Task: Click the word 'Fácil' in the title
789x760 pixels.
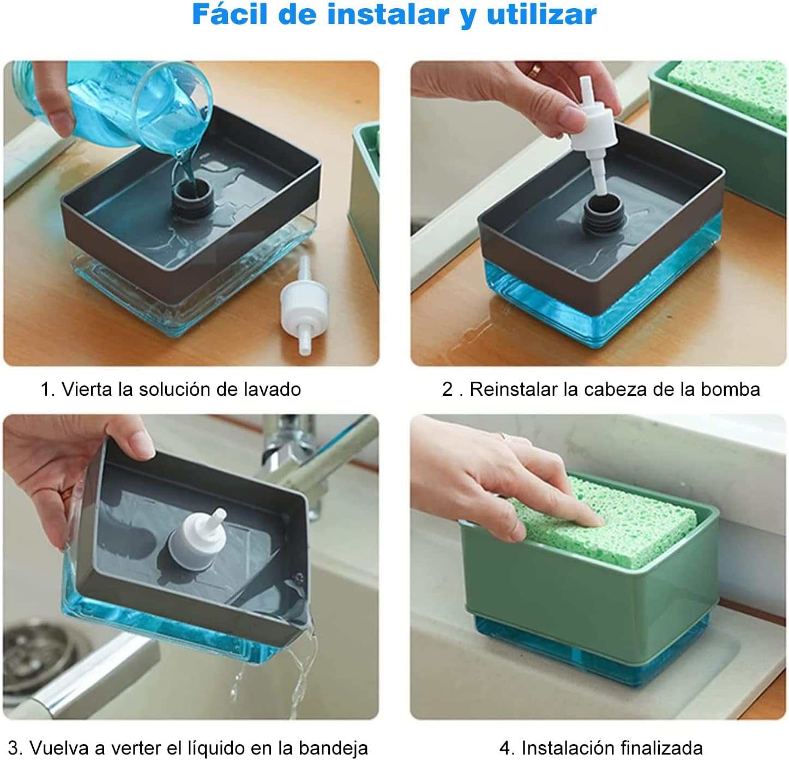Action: [x=230, y=15]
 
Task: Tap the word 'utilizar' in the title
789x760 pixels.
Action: [x=541, y=15]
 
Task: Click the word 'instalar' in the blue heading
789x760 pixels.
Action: [x=388, y=15]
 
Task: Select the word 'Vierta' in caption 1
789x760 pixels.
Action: [x=87, y=389]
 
